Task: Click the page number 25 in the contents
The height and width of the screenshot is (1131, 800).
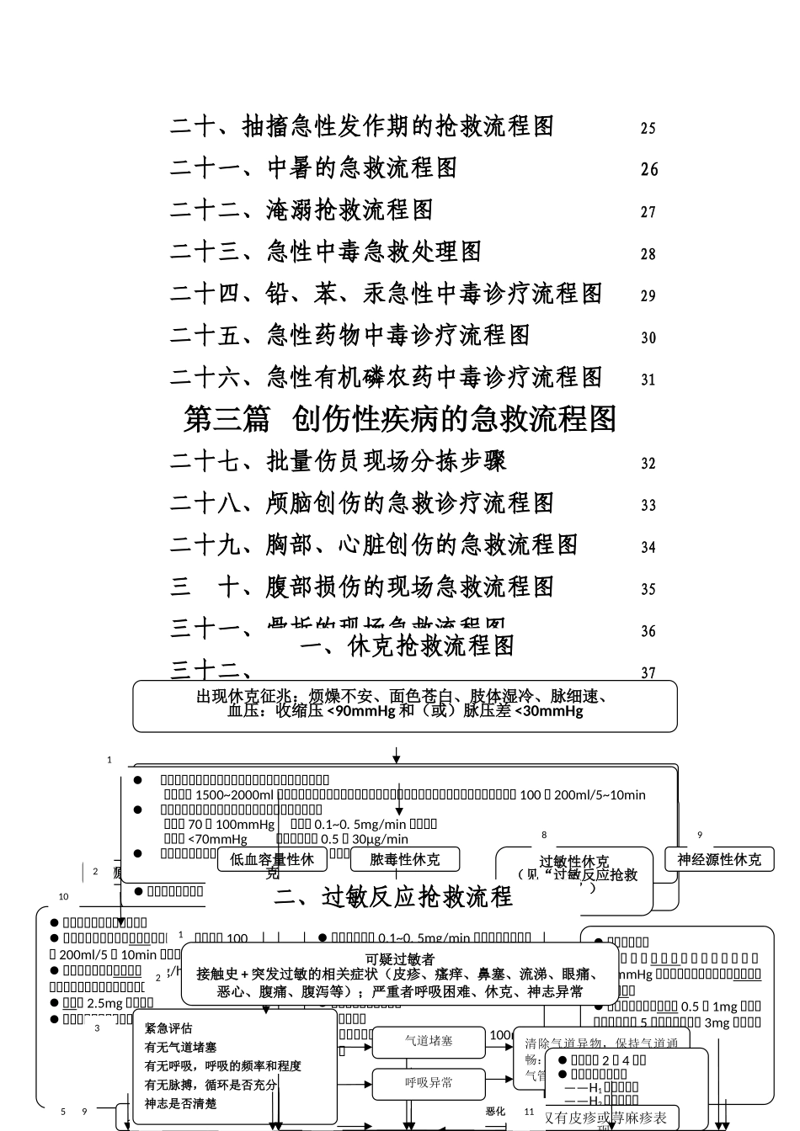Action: coord(648,128)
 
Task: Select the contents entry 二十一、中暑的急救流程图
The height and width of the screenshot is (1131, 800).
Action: coord(313,168)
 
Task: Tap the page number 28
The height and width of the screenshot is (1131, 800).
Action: coord(648,253)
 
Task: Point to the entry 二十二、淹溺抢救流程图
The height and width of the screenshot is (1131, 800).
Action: coord(301,210)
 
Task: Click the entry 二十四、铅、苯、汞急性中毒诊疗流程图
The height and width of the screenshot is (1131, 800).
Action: coord(387,294)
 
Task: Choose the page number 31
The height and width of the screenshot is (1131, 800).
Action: coord(648,380)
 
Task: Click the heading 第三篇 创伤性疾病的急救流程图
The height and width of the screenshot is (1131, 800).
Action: coord(401,419)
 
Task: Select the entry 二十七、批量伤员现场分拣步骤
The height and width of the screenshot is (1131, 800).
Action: coord(338,461)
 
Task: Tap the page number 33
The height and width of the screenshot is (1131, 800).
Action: coord(648,505)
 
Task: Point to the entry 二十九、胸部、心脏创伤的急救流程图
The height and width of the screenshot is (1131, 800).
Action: coord(374,545)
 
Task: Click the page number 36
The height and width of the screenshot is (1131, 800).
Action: coord(648,631)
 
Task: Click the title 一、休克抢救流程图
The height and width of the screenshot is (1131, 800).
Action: coord(407,646)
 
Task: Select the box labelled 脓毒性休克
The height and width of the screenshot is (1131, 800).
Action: coord(404,859)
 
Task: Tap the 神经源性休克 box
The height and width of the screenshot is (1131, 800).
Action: coord(719,859)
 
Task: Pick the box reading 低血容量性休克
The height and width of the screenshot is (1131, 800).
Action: coord(272,860)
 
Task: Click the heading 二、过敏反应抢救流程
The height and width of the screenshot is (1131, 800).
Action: coord(393,898)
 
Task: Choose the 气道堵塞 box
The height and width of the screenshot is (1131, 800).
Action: coord(429,1041)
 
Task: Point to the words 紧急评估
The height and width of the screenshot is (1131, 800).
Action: coord(168,1027)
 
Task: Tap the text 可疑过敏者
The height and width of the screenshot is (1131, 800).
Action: coord(400,958)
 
